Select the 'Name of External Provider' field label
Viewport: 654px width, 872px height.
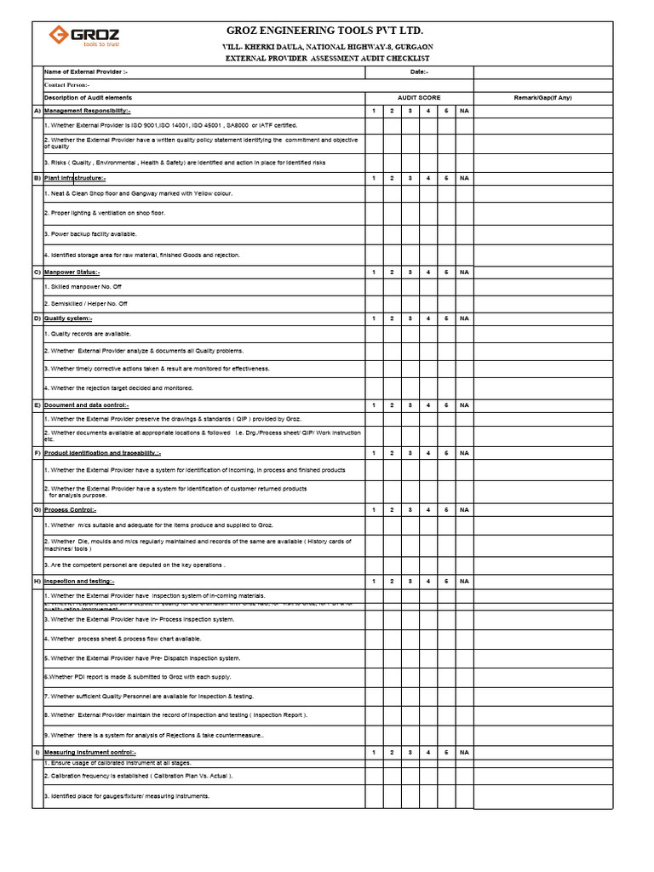[x=85, y=72]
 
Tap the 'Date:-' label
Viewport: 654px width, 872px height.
[x=419, y=72]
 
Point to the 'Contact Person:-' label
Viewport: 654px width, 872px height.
[x=67, y=85]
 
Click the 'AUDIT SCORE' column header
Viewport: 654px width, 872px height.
[x=419, y=98]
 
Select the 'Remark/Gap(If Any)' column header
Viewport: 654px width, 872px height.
[x=542, y=98]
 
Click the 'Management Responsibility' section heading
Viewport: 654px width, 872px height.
[x=87, y=111]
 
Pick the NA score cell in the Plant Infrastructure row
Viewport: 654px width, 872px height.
[x=464, y=178]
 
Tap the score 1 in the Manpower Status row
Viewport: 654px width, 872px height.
[x=373, y=272]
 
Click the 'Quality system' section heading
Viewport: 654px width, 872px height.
[x=68, y=318]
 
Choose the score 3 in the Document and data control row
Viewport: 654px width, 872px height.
[x=410, y=405]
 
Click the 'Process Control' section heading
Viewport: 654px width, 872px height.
[x=70, y=509]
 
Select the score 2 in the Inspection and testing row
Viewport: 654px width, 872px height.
[x=392, y=581]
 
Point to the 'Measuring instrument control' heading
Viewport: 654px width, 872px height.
[x=89, y=753]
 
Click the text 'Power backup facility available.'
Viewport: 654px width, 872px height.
[x=89, y=233]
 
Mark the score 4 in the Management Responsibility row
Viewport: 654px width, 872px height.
[x=428, y=111]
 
